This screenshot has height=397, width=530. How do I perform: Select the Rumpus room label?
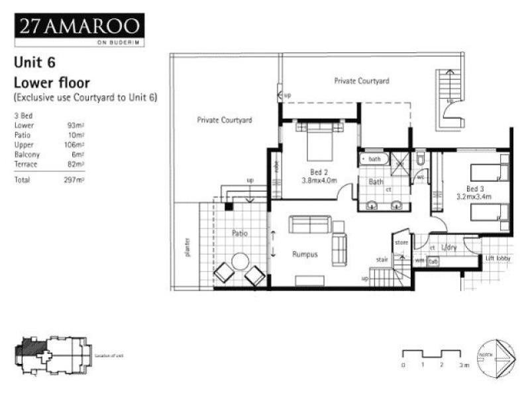[x=305, y=254]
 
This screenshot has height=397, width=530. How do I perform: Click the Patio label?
[x=239, y=233]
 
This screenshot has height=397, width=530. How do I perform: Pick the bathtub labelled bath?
[x=373, y=159]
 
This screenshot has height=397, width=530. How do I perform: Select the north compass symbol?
[x=497, y=358]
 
